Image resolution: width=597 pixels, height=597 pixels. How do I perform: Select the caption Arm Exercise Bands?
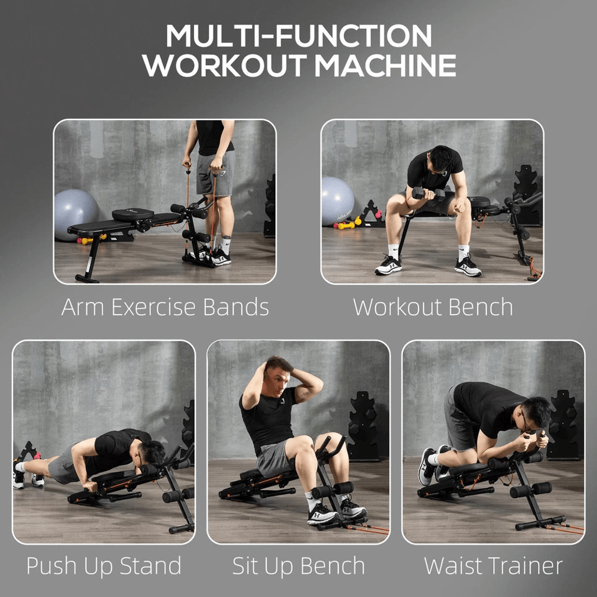(x=165, y=307)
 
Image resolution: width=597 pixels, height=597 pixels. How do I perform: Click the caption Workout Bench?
(x=433, y=307)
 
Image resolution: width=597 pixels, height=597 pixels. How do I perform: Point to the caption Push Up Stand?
(x=103, y=565)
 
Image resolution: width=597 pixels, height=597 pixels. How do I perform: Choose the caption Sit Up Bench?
(x=298, y=565)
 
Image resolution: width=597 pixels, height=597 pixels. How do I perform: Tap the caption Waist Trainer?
(x=493, y=565)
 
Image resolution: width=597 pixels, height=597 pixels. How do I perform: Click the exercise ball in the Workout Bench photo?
(x=337, y=200)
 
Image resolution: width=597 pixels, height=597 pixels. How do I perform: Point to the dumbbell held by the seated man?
(x=427, y=193)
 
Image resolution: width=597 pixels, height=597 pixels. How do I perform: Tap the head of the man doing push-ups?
(x=152, y=454)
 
